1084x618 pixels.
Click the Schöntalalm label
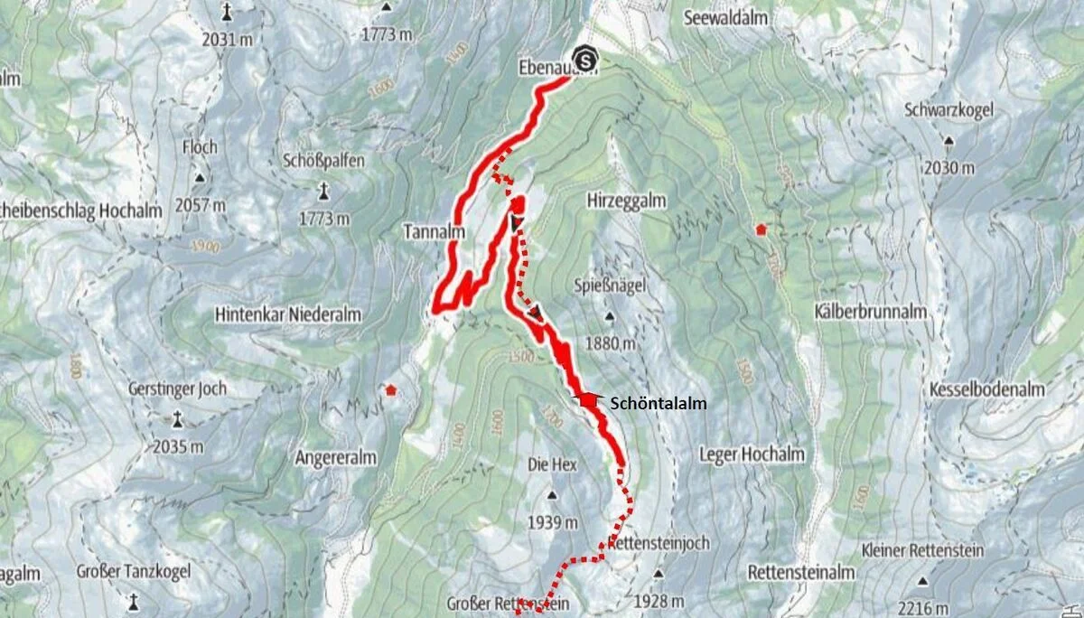[659, 404]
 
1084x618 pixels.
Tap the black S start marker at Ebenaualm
[586, 61]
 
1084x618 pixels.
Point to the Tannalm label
[434, 233]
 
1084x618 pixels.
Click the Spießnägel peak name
[607, 286]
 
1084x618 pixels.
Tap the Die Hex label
[551, 464]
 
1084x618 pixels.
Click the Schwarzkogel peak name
[947, 110]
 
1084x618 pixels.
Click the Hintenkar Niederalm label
[288, 315]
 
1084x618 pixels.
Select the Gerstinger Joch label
[178, 389]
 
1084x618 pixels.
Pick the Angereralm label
[335, 458]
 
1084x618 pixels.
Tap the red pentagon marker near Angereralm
[390, 390]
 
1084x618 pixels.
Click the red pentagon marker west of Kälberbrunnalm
[762, 229]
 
